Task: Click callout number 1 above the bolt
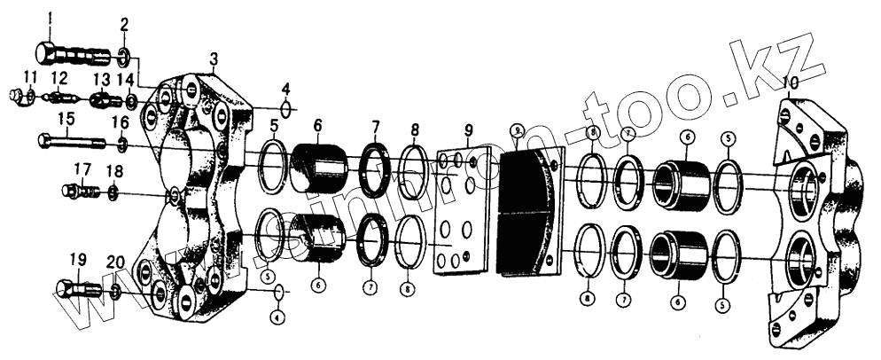click(50, 18)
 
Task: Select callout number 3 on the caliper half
click(213, 59)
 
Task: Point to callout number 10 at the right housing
click(791, 82)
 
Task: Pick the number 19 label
click(78, 260)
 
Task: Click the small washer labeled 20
click(116, 292)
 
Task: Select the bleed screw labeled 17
click(79, 190)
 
